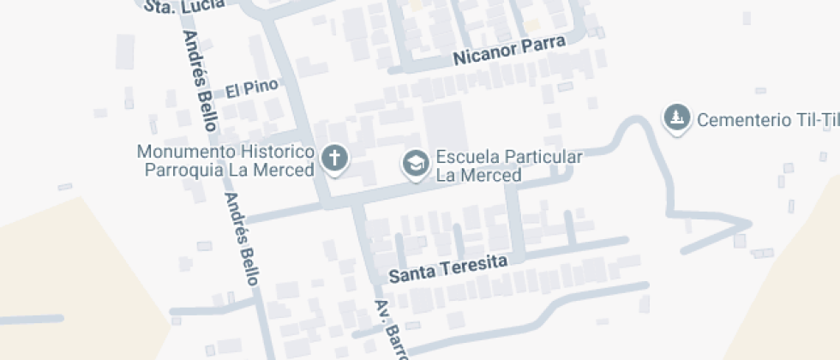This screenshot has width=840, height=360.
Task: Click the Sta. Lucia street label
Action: click(x=184, y=5)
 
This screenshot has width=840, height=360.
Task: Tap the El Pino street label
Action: click(x=252, y=88)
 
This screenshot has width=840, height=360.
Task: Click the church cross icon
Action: click(x=334, y=158)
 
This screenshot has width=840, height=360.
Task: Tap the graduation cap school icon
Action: click(x=417, y=163)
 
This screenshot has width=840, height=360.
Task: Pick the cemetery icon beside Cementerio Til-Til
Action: click(x=678, y=117)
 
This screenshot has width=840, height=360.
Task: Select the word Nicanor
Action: click(x=481, y=57)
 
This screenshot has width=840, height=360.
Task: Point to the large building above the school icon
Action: click(x=446, y=125)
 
